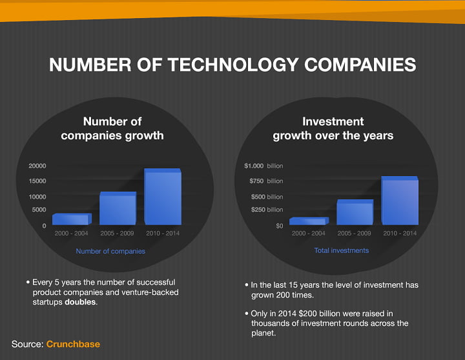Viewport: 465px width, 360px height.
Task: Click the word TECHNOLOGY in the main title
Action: click(x=232, y=65)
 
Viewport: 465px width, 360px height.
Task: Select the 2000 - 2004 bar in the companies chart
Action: click(x=72, y=219)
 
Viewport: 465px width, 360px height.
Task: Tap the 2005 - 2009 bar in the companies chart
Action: click(x=118, y=208)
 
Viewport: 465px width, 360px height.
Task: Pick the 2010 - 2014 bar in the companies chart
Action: click(x=163, y=197)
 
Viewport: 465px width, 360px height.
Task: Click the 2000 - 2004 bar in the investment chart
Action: click(x=309, y=221)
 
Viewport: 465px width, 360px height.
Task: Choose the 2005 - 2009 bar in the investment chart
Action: click(x=355, y=212)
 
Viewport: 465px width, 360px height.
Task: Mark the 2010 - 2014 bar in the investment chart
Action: click(x=400, y=201)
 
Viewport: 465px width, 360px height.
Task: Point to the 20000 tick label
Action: click(x=37, y=166)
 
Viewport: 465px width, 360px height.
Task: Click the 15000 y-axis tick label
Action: click(x=37, y=181)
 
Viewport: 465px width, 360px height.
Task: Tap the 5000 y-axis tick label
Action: click(x=39, y=210)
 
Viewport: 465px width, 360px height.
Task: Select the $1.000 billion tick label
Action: click(x=263, y=166)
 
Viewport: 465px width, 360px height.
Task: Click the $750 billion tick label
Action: click(x=266, y=181)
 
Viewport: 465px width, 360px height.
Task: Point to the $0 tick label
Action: click(x=280, y=226)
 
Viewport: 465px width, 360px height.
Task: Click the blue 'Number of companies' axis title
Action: click(x=110, y=251)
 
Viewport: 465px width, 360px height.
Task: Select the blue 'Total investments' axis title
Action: click(x=342, y=250)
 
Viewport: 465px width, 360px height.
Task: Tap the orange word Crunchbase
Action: click(x=73, y=344)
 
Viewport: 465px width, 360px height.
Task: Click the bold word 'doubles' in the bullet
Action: click(x=80, y=302)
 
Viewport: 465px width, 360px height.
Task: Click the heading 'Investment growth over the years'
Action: click(x=333, y=128)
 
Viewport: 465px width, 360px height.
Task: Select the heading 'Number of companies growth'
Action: click(x=112, y=128)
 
